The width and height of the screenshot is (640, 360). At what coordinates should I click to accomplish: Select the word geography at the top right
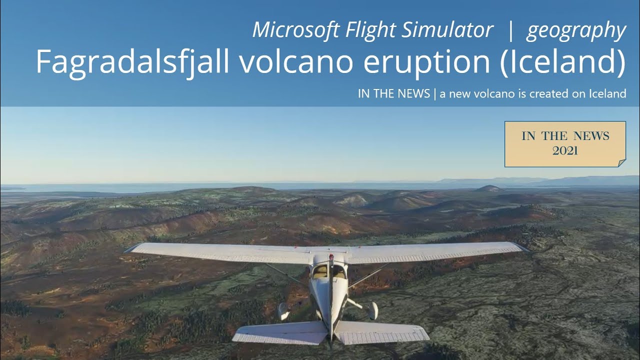[x=576, y=31]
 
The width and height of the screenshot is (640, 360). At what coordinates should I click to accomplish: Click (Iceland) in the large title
[x=562, y=62]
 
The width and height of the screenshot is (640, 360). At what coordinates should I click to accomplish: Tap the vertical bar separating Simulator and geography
[x=510, y=30]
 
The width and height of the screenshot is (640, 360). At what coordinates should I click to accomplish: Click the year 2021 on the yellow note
[x=565, y=150]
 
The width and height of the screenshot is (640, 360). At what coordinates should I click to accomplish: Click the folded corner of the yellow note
[x=621, y=162]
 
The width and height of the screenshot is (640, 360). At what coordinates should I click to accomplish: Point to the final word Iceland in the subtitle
[x=607, y=93]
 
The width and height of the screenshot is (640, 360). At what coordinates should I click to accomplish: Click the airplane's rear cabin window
[x=330, y=271]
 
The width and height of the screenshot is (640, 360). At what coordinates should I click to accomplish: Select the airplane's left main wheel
[x=283, y=311]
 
